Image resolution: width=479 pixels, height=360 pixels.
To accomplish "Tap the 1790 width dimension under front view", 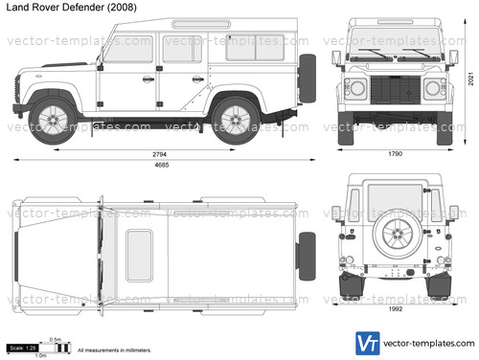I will pyautogui.click(x=395, y=155).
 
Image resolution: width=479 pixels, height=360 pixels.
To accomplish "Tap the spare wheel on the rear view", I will pyautogui.click(x=395, y=237).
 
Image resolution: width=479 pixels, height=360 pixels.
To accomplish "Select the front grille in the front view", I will pyautogui.click(x=395, y=94).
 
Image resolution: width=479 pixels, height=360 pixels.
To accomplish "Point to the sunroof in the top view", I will pyautogui.click(x=140, y=255).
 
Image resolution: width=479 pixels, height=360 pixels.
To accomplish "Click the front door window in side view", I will pyautogui.click(x=131, y=50).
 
